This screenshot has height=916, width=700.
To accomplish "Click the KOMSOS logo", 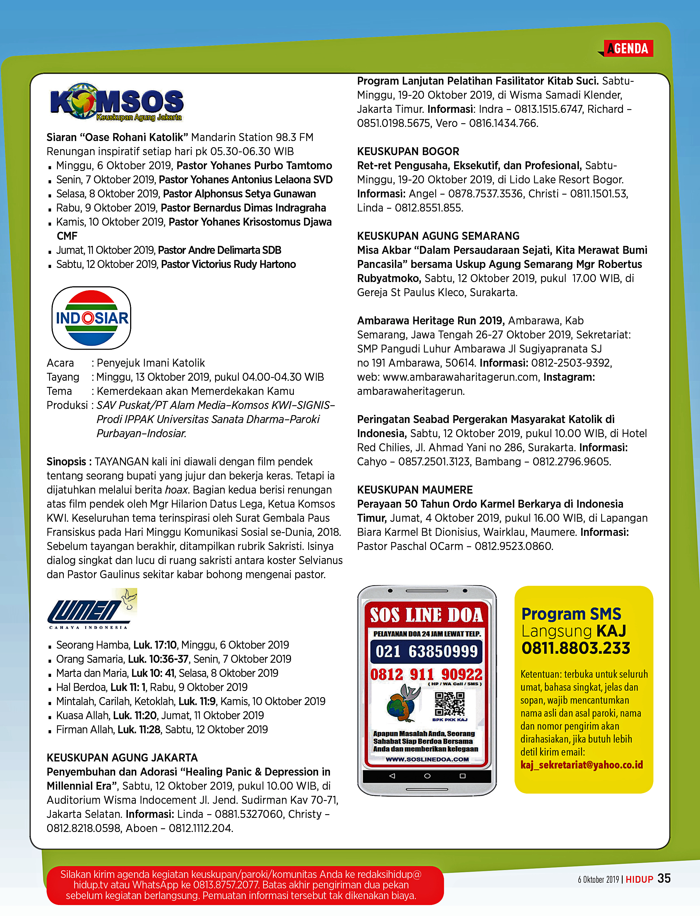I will (117, 102).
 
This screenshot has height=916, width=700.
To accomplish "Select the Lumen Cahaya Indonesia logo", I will (92, 609).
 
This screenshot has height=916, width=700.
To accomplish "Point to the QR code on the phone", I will (450, 703).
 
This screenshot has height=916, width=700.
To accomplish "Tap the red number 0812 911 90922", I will (426, 674).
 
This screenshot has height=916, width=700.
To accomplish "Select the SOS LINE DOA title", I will (426, 615).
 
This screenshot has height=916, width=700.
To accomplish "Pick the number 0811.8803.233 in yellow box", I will (576, 648).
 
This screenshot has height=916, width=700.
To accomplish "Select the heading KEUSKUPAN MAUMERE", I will (415, 490).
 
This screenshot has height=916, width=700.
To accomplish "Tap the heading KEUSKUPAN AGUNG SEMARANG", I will (438, 236).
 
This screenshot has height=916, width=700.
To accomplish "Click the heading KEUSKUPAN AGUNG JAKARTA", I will (122, 758).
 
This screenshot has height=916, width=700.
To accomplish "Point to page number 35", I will (664, 878).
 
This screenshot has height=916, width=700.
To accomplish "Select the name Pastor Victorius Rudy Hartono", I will (228, 264).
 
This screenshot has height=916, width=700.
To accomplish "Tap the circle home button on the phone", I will (427, 776).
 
